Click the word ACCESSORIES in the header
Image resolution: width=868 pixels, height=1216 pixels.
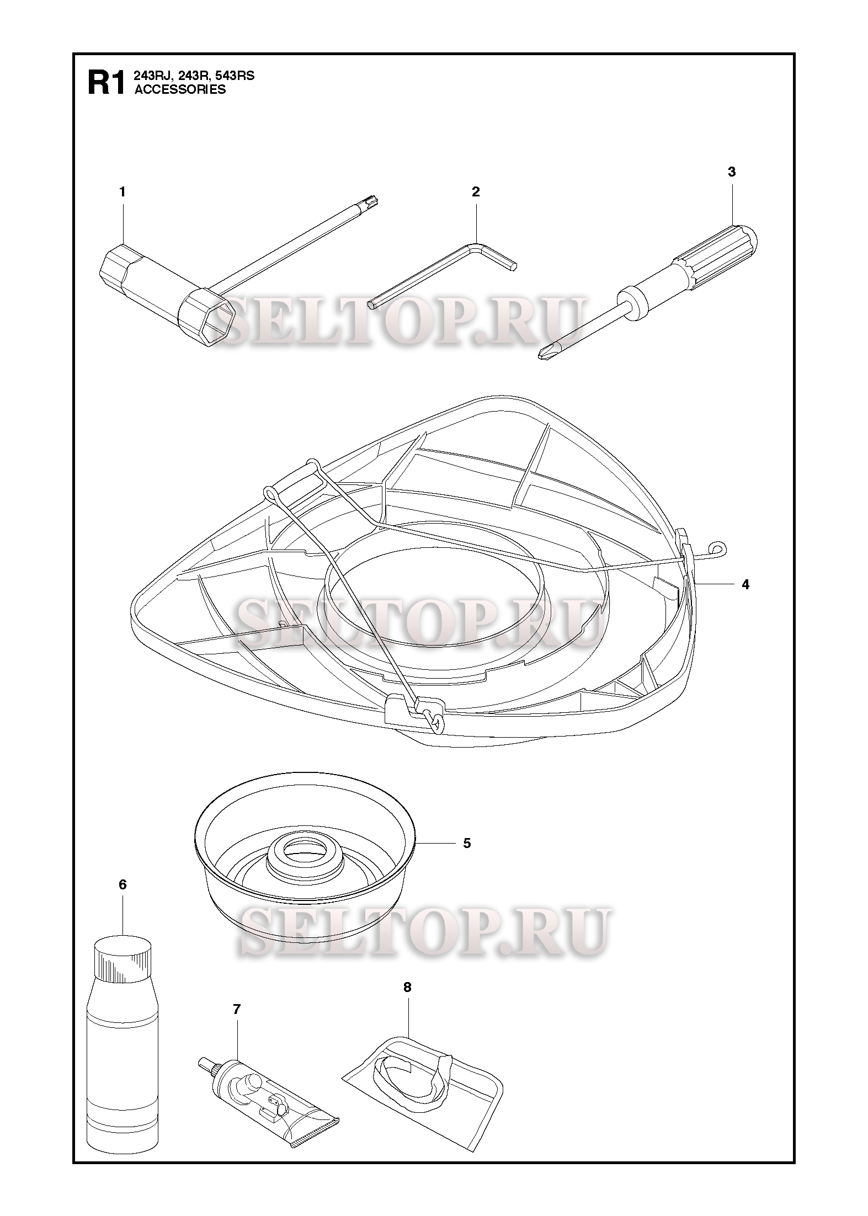point(180,89)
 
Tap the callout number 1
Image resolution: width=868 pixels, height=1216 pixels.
point(123,192)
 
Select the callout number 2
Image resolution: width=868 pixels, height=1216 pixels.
point(476,192)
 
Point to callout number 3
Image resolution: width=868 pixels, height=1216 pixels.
point(732,172)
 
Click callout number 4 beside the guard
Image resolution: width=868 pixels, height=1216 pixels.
point(745,584)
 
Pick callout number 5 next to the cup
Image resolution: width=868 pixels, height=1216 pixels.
point(467,844)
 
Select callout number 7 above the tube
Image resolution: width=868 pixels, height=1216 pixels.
point(237,1010)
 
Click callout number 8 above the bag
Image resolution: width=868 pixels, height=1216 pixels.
point(407,988)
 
